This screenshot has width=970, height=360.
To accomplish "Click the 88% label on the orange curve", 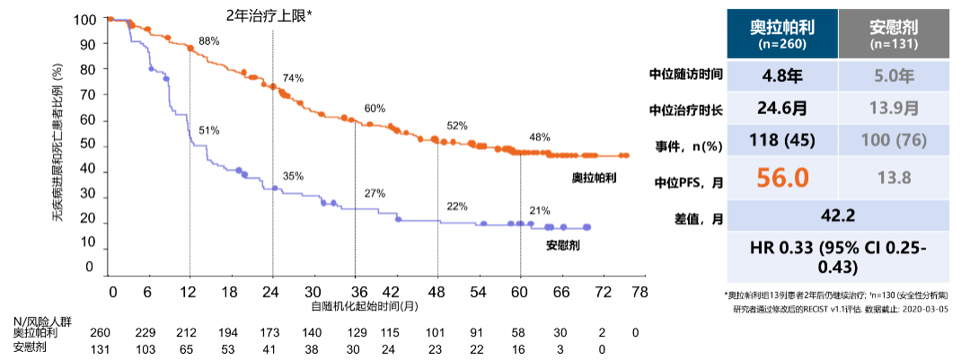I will (x=209, y=41).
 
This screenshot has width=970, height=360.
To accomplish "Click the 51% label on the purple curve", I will (x=209, y=130).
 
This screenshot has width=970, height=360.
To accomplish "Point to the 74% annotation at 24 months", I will (x=293, y=78).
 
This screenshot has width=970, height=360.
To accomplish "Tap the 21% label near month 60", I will (x=540, y=210).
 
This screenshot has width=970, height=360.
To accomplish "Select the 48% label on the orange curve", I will (x=540, y=137).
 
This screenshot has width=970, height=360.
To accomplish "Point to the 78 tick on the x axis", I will (x=638, y=293).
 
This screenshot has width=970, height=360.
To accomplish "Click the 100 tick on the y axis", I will (x=83, y=20).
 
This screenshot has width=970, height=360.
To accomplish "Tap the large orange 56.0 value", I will (x=781, y=178).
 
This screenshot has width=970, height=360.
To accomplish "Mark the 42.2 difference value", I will (x=837, y=215).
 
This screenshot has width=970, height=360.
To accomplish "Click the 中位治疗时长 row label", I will (x=687, y=109).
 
